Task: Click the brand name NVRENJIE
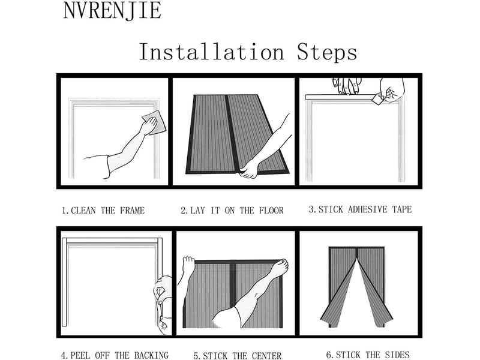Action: (112, 11)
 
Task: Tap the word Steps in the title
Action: (327, 53)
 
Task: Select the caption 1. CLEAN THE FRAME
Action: (103, 211)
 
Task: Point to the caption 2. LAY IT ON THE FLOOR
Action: (232, 211)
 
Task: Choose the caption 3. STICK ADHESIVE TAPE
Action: (361, 209)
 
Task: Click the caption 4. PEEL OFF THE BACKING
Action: (115, 355)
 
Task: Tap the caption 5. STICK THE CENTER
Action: (237, 356)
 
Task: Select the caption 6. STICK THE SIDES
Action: (368, 355)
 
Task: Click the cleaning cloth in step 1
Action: (154, 122)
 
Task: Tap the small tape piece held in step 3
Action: (378, 99)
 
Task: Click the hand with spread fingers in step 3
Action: (347, 85)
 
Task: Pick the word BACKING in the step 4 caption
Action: (151, 355)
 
